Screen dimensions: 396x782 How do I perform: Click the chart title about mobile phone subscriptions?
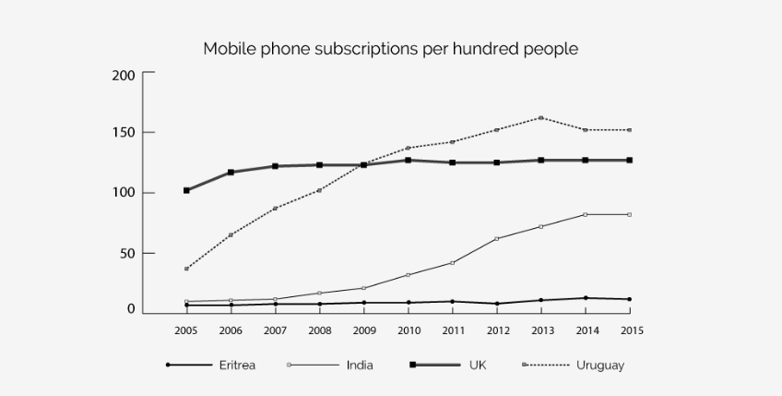point(390,48)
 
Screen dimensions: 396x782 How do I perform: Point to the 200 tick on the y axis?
point(124,75)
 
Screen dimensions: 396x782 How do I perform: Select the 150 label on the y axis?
point(124,133)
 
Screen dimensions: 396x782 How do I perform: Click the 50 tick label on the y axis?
point(127,253)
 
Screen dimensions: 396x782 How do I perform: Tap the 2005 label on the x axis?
point(186,330)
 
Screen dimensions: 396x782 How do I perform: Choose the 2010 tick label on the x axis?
point(408,330)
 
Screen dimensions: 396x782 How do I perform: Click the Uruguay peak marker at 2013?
point(540,118)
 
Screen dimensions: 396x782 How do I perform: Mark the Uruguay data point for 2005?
point(186,269)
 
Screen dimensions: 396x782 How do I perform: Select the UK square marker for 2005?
point(186,190)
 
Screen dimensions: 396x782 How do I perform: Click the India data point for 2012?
point(496,239)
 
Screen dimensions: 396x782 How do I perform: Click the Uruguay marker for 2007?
point(275,209)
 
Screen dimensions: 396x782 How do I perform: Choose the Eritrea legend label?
point(238,366)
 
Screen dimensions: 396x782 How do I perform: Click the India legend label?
point(360,366)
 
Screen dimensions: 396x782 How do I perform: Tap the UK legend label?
point(477,366)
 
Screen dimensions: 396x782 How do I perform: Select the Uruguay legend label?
point(600,366)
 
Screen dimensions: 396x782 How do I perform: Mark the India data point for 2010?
point(408,275)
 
